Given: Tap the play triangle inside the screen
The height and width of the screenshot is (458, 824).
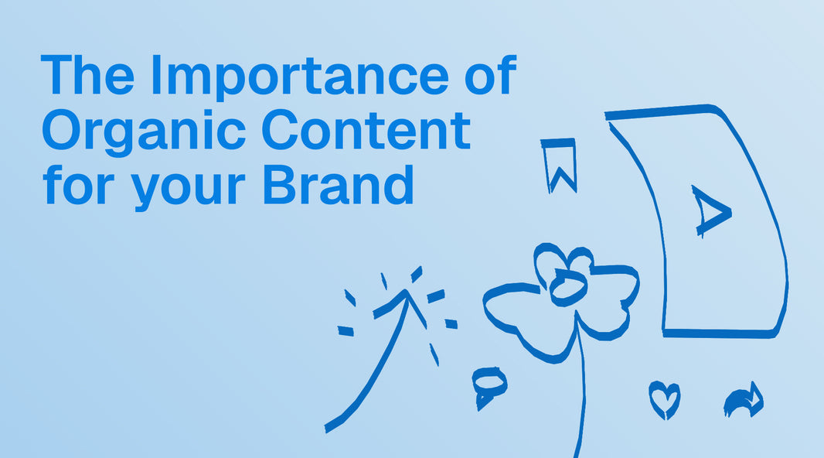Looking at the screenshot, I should pos(708,210).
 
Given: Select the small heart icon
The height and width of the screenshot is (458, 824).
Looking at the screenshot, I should pos(663,398).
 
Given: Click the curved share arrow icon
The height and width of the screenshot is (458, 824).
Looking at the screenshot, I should pos(744,401).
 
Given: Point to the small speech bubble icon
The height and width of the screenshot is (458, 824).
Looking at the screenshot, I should pos(489,385).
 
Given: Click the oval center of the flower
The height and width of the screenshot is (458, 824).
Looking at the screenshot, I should pos(567,289).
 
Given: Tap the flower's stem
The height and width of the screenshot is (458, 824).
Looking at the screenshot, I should pos(579,387).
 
